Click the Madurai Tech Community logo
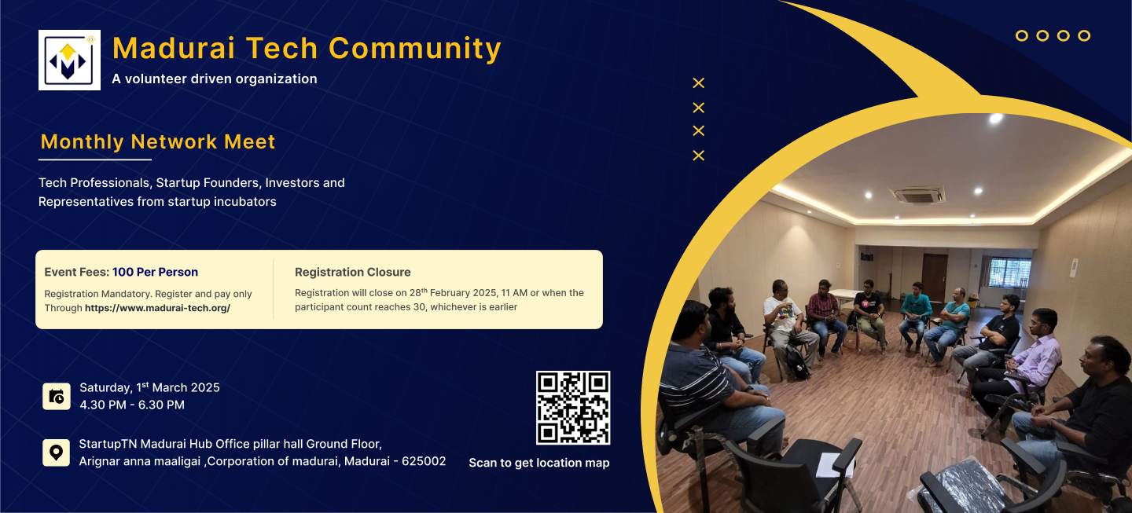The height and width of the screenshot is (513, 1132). coord(69,60)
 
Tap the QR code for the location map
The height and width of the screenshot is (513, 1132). coord(573,408)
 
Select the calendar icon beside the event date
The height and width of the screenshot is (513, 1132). coord(57,397)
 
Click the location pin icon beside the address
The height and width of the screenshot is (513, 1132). coord(56,453)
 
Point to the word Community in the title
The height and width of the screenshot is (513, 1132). coord(415,49)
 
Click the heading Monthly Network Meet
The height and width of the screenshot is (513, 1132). coord(158,142)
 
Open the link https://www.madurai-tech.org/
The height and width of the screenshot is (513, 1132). coord(158,308)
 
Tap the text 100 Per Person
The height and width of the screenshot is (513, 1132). coord(155,272)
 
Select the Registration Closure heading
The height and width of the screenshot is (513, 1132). coord(353,272)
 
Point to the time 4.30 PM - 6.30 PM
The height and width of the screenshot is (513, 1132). coord(132,405)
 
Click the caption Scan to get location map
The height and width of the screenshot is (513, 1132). coord(539,463)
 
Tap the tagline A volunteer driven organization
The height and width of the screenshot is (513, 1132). coord(215,79)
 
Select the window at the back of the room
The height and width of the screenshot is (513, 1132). coord(1009,273)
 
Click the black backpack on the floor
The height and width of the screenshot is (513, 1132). coord(797,362)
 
